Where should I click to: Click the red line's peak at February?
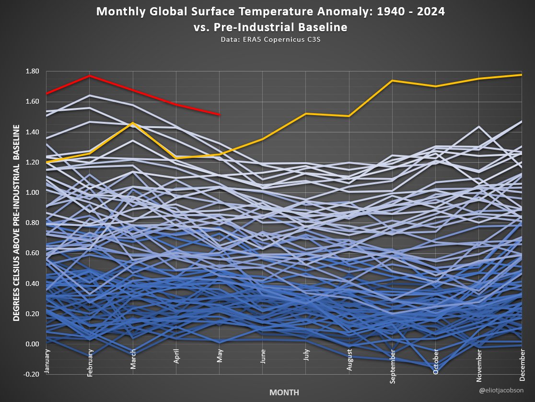pos(89,76)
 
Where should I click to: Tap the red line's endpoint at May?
pos(219,115)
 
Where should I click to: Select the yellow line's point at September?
pos(392,81)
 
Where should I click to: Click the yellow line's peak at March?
pos(132,123)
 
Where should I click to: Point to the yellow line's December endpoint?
pos(522,75)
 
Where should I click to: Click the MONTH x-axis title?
pos(284,392)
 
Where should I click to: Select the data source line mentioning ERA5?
pos(270,40)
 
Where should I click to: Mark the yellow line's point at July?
pos(306,114)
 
